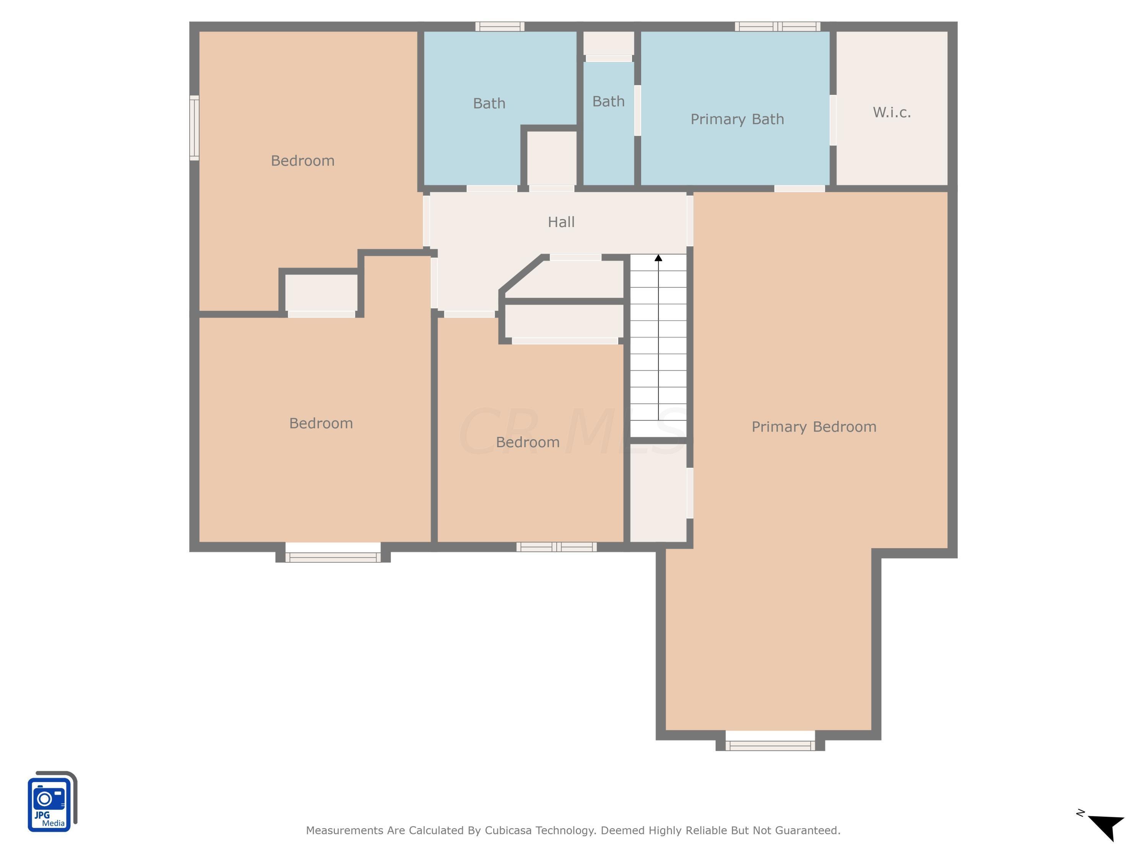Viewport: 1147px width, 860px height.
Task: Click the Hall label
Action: pos(561,222)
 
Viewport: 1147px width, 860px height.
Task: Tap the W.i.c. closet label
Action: pos(891,112)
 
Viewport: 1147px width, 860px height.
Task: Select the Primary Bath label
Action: pos(737,119)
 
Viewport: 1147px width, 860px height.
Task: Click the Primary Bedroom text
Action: pos(814,427)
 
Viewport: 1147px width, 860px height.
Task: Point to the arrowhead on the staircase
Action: pos(658,258)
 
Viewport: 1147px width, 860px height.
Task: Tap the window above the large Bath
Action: pos(500,26)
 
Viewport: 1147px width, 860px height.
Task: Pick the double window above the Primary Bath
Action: pos(777,26)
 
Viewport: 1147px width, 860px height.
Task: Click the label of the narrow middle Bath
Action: pos(608,102)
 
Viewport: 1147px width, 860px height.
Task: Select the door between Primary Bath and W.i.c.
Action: pos(833,120)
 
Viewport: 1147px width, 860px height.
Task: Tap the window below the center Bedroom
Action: pos(556,546)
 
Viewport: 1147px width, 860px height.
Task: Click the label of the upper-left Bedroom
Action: pos(302,161)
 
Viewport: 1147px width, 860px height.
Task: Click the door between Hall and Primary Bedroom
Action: pos(690,220)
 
